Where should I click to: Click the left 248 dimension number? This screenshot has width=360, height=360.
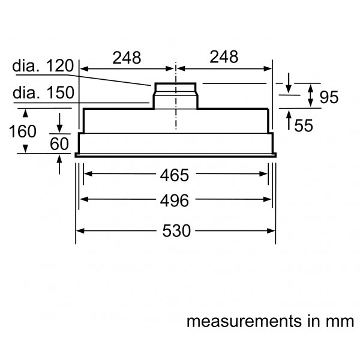pyautogui.click(x=127, y=58)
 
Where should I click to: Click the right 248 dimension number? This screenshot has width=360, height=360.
pyautogui.click(x=224, y=57)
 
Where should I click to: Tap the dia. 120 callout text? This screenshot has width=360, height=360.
pyautogui.click(x=43, y=65)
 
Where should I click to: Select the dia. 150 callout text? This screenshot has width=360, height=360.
pyautogui.click(x=43, y=92)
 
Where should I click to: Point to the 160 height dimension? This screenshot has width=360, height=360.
pyautogui.click(x=23, y=131)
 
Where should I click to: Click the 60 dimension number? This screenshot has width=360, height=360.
pyautogui.click(x=59, y=144)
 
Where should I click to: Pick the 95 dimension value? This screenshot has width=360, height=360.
pyautogui.click(x=329, y=97)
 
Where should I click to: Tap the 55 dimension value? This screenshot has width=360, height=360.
pyautogui.click(x=304, y=125)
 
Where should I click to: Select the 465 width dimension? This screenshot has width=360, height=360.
pyautogui.click(x=175, y=175)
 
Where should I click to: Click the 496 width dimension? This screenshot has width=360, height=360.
pyautogui.click(x=175, y=200)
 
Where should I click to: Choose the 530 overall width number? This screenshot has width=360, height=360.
pyautogui.click(x=176, y=231)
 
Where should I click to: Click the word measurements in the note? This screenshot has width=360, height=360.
pyautogui.click(x=244, y=321)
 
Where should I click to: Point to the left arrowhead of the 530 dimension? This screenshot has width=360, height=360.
pyautogui.click(x=80, y=231)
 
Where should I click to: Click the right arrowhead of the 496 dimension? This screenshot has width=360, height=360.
pyautogui.click(x=268, y=199)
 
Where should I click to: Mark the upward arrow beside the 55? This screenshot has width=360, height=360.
pyautogui.click(x=289, y=120)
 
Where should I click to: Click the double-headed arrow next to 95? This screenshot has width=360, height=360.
pyautogui.click(x=310, y=95)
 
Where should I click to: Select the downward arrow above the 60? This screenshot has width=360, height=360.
pyautogui.click(x=59, y=123)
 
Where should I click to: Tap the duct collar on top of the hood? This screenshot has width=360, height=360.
pyautogui.click(x=175, y=96)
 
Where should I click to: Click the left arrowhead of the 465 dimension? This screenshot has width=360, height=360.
pyautogui.click(x=88, y=174)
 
